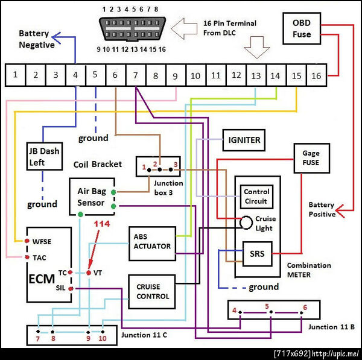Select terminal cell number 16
pyautogui.click(x=317, y=76)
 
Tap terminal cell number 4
pyautogui.click(x=75, y=76)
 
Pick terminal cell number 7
pyautogui.click(x=136, y=76)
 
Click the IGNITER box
pyautogui.click(x=244, y=141)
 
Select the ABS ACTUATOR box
pyautogui.click(x=151, y=242)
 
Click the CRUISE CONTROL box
pyautogui.click(x=153, y=291)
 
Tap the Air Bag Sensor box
pyautogui.click(x=92, y=195)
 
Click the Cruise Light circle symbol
pyautogui.click(x=246, y=223)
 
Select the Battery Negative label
pyautogui.click(x=36, y=39)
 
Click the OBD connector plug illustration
pyautogui.click(x=130, y=28)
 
